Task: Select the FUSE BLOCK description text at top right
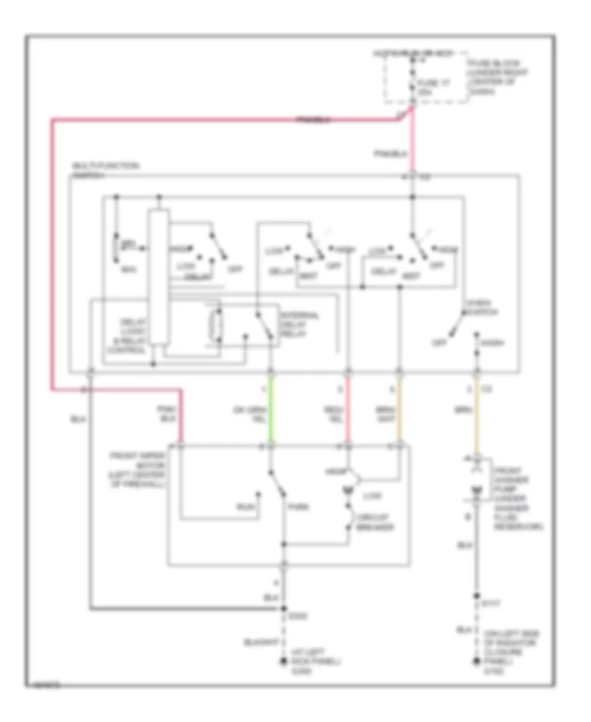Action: (489, 76)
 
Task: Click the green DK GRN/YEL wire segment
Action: (270, 410)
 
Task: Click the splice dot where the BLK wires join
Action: (284, 608)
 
